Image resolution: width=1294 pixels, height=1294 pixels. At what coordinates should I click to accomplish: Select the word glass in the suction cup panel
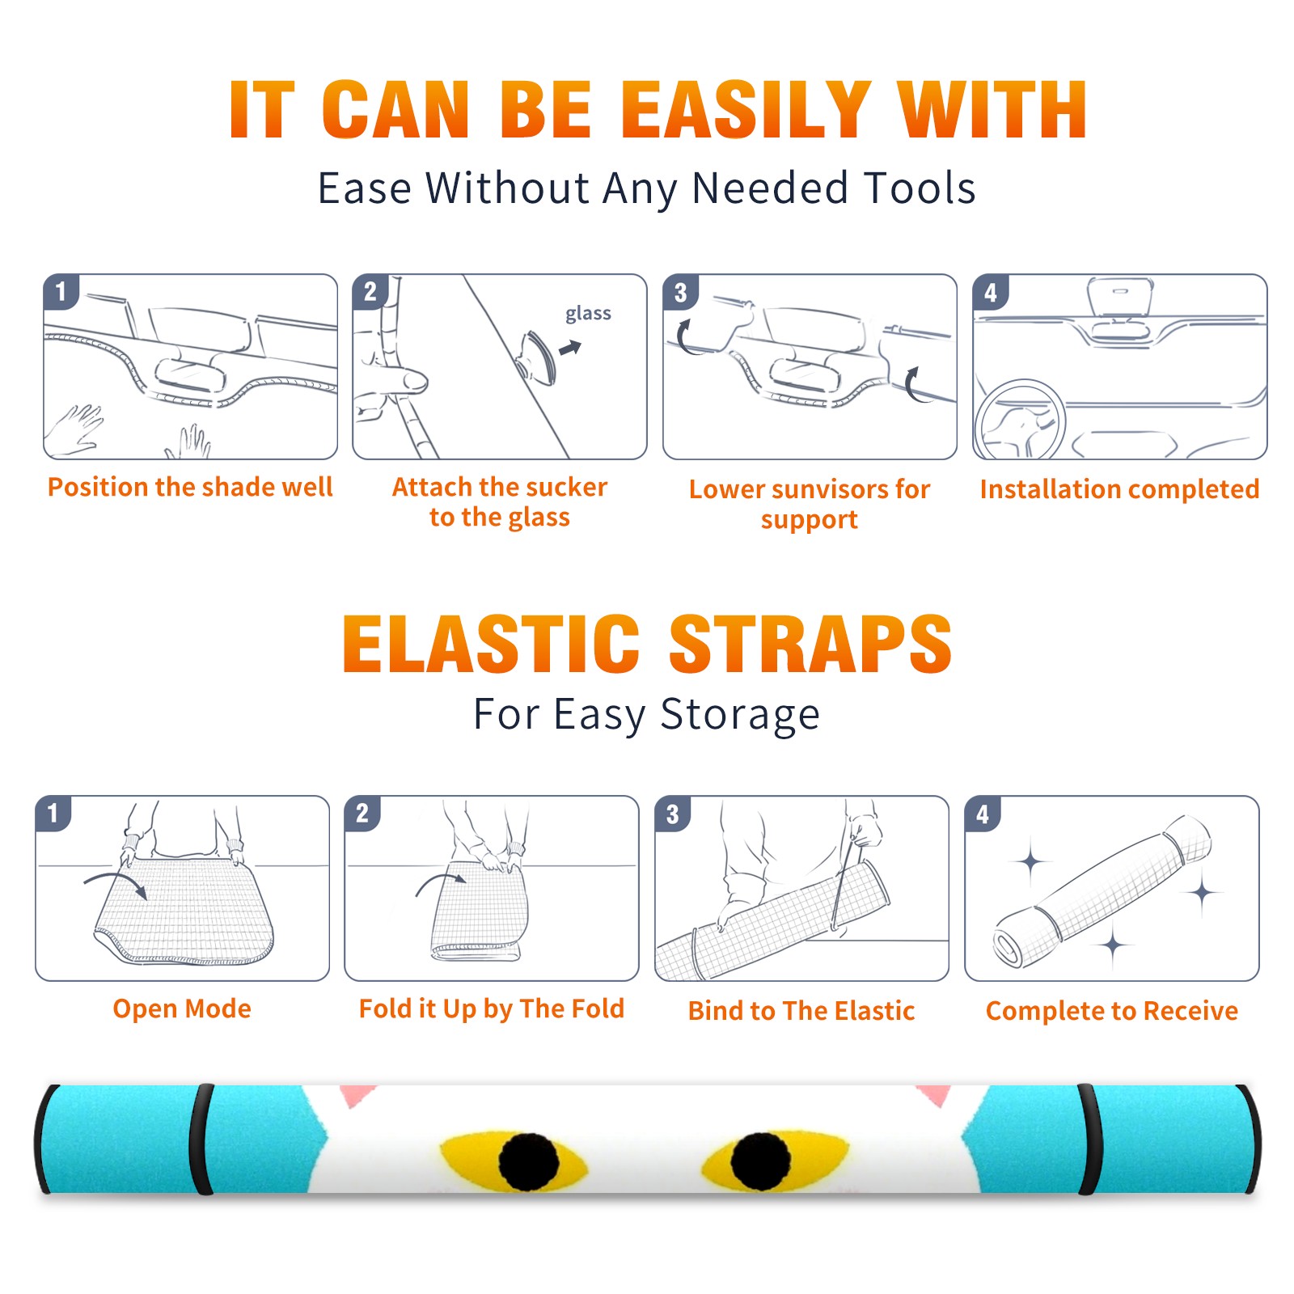pyautogui.click(x=588, y=314)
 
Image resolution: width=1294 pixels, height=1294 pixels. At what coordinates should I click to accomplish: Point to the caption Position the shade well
pyautogui.click(x=190, y=487)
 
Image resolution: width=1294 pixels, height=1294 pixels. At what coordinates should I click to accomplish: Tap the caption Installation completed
pyautogui.click(x=1119, y=489)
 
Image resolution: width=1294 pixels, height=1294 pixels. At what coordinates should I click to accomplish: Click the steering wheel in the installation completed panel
pyautogui.click(x=1021, y=421)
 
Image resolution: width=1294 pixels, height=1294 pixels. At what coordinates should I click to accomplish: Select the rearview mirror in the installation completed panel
pyautogui.click(x=1120, y=298)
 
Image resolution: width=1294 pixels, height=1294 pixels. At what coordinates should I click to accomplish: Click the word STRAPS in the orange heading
pyautogui.click(x=810, y=644)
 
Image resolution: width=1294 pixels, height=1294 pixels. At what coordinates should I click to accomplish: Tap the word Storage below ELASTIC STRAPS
pyautogui.click(x=740, y=715)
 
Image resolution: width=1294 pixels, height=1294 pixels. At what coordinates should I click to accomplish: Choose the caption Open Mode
pyautogui.click(x=182, y=1009)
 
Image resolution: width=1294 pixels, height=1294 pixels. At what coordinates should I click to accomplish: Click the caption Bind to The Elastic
pyautogui.click(x=801, y=1011)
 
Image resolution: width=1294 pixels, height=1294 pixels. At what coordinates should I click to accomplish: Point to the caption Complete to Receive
pyautogui.click(x=1112, y=1011)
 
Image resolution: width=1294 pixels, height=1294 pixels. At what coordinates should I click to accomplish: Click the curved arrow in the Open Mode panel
pyautogui.click(x=116, y=878)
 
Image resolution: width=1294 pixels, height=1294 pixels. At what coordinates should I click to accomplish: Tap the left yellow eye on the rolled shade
pyautogui.click(x=514, y=1161)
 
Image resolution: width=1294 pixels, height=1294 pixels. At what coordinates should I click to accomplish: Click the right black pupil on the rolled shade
pyautogui.click(x=760, y=1161)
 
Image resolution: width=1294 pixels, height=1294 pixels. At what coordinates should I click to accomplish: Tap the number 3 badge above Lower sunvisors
pyautogui.click(x=680, y=293)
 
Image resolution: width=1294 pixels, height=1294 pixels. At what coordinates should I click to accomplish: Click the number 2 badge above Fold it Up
pyautogui.click(x=362, y=814)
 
